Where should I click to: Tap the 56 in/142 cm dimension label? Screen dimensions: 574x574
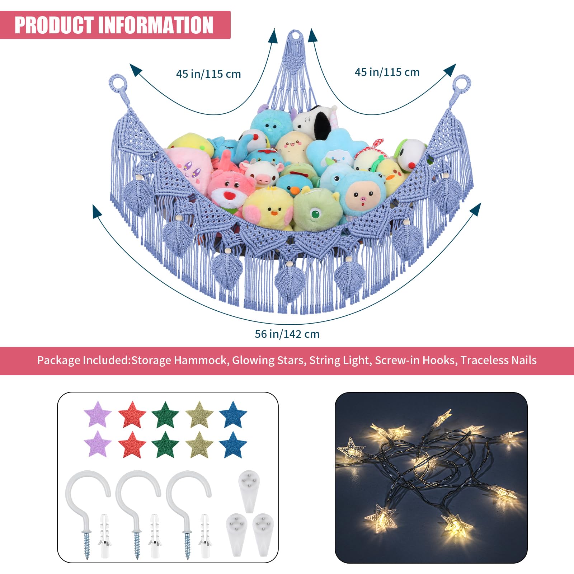[287, 334]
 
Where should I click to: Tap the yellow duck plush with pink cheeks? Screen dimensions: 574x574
[269, 210]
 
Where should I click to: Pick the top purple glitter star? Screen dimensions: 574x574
[98, 414]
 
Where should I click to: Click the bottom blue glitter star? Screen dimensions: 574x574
[233, 445]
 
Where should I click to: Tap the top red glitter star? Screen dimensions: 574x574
[132, 414]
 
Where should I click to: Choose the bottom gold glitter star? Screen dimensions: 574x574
[199, 445]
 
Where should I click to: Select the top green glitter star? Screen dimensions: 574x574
[165, 414]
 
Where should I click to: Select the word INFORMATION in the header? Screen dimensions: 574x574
[156, 25]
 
